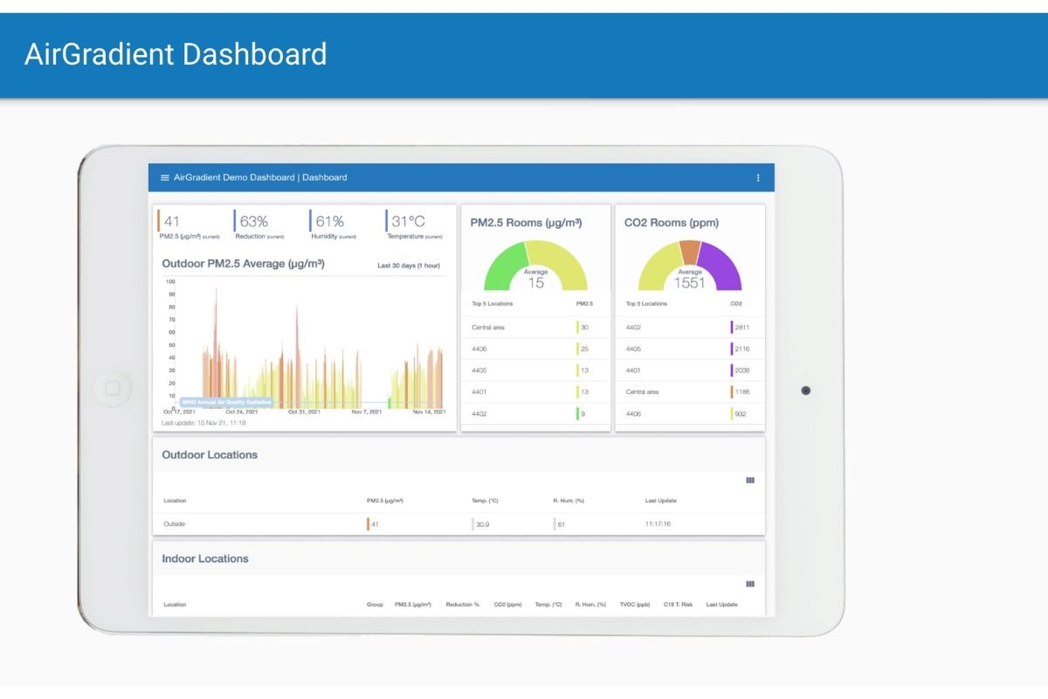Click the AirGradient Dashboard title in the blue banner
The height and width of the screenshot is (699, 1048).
(176, 54)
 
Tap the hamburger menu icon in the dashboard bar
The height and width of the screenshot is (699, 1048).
(164, 177)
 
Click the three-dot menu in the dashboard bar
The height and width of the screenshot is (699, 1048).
(757, 177)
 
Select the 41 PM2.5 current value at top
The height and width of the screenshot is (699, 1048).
(172, 222)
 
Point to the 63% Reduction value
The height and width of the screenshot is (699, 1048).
(253, 222)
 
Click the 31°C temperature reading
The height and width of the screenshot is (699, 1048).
(408, 222)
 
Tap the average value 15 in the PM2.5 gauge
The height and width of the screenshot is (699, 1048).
(535, 282)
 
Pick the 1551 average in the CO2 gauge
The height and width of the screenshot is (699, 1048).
(689, 282)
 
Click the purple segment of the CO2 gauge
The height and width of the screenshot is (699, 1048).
(722, 262)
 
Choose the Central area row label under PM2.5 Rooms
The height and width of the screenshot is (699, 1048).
(488, 328)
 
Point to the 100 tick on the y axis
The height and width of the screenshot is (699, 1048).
(170, 281)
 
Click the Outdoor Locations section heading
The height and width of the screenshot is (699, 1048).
(210, 454)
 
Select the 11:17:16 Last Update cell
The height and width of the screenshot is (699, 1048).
(658, 524)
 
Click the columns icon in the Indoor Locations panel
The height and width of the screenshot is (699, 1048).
(750, 584)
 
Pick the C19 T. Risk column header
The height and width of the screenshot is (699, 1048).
(678, 605)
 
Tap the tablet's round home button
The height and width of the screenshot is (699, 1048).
(113, 388)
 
